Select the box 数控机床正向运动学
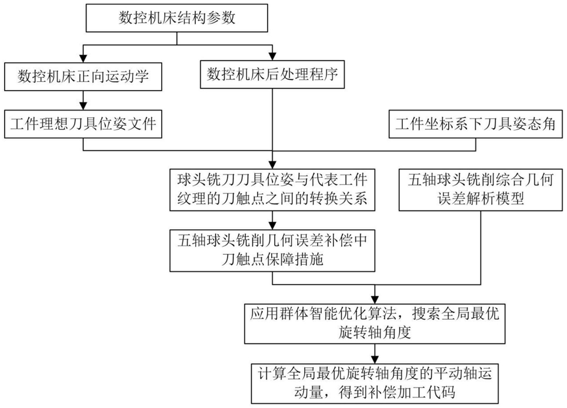[82, 76]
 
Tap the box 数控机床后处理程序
[272, 75]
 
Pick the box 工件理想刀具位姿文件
[82, 123]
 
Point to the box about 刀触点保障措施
[272, 250]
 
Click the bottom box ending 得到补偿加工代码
[375, 382]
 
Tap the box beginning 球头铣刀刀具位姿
[272, 188]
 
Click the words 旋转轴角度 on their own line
[375, 332]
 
